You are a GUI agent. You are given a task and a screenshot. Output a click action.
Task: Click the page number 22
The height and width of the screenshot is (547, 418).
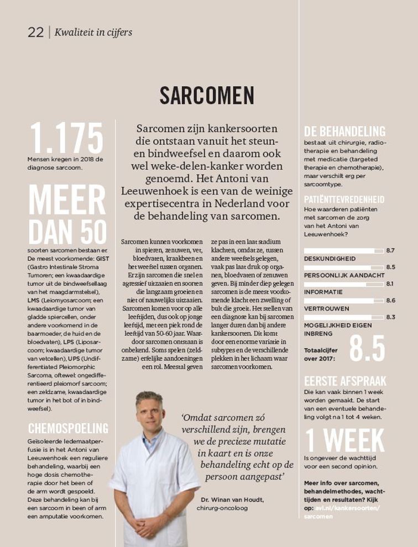pos(35,32)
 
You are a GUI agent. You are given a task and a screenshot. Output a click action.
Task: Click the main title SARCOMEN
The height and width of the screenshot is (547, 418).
pos(207,96)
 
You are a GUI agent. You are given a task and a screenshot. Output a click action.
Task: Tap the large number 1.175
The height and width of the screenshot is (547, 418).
pos(66,138)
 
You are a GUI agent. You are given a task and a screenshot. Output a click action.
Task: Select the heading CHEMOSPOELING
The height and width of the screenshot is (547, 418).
pos(68,428)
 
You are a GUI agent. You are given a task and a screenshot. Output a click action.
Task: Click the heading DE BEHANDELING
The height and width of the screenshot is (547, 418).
pos(344,132)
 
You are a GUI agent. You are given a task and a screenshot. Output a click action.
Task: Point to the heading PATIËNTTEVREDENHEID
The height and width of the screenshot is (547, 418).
pos(344,199)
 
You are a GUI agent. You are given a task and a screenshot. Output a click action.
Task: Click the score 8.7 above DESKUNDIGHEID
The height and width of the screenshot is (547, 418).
pos(390,250)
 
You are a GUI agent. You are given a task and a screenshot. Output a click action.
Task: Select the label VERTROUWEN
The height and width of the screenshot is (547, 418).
pos(327,308)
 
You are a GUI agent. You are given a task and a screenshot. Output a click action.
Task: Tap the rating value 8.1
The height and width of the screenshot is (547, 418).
pos(390,284)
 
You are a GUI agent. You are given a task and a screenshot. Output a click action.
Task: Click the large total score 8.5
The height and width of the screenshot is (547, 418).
pos(367,348)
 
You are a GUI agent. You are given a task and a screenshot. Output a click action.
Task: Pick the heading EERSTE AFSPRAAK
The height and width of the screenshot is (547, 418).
pos(345,381)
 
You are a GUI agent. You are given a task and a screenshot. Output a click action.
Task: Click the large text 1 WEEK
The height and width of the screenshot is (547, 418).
pos(344,440)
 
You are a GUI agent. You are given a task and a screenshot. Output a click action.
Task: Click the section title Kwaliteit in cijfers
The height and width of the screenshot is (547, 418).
pos(93,32)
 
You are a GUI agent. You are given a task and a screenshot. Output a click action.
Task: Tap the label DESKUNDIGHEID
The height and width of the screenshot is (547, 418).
pos(330,259)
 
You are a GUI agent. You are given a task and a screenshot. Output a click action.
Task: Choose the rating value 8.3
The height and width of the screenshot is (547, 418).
pos(390,317)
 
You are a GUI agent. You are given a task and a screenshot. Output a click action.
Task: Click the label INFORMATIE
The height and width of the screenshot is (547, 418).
pos(323,292)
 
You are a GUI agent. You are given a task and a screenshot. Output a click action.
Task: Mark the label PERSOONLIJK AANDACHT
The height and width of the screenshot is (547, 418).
pos(344,275)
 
